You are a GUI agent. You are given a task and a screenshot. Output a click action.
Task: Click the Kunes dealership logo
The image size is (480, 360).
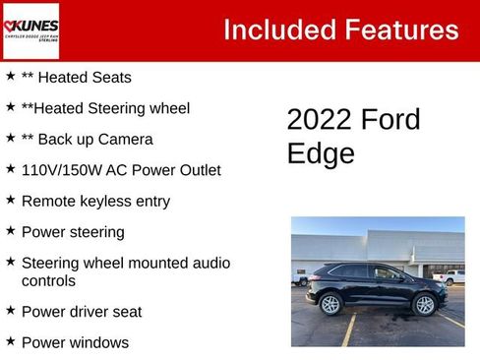pyautogui.click(x=31, y=30)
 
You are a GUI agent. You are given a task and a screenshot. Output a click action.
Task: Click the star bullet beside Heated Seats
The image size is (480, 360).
pyautogui.click(x=10, y=76)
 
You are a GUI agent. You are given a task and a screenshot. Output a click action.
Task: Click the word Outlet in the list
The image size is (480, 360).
pyautogui.click(x=196, y=170)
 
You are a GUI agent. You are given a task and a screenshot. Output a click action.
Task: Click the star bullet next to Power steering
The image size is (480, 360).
pyautogui.click(x=10, y=231)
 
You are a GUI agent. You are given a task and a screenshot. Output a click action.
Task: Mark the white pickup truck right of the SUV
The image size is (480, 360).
pyautogui.click(x=451, y=277)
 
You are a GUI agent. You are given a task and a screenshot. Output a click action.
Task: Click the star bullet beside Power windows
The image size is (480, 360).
pyautogui.click(x=10, y=341)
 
